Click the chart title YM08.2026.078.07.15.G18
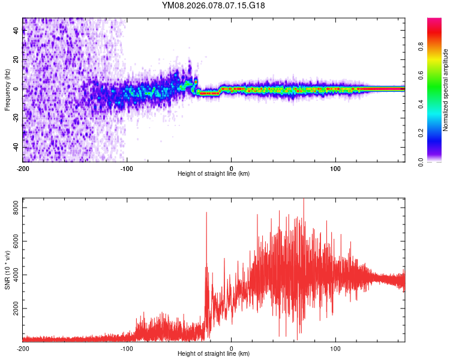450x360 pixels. (x=214, y=5)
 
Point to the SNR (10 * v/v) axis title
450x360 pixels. (x=7, y=269)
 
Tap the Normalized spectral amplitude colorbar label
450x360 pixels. (x=446, y=90)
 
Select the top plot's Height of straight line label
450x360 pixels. (x=214, y=173)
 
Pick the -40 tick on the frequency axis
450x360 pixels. (x=14, y=147)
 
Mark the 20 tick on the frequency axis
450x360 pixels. (x=16, y=60)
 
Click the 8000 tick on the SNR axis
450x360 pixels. (x=12, y=207)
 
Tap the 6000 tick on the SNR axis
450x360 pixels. (x=12, y=241)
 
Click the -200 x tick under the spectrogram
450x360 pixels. (x=23, y=167)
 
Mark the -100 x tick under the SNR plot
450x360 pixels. (x=127, y=348)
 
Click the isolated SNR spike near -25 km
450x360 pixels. (x=206, y=213)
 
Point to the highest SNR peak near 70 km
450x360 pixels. (x=304, y=200)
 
